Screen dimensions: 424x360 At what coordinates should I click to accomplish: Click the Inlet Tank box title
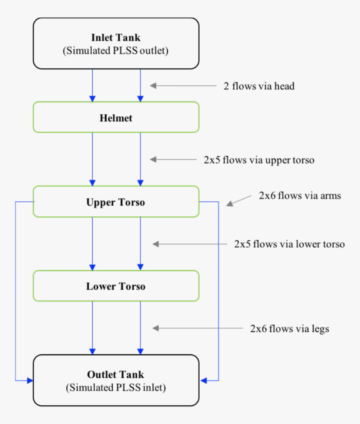116,38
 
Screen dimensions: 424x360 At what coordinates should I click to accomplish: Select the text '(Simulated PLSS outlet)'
116,51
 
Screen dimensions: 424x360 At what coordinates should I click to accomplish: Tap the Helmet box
116,118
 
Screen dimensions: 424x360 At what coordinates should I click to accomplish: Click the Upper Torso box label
116,203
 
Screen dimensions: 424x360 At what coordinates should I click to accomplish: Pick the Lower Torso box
116,287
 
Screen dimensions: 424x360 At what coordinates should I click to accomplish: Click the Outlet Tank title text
116,375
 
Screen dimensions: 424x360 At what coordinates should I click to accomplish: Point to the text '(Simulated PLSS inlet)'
116,388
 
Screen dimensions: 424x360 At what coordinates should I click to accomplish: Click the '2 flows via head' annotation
258,86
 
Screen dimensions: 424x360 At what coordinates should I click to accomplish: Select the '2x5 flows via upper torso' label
259,160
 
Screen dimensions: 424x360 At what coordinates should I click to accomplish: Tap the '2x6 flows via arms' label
300,195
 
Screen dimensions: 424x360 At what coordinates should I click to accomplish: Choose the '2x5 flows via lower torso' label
289,244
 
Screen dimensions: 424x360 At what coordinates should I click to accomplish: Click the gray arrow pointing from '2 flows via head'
182,86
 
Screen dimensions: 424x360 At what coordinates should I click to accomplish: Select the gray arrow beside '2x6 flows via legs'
197,329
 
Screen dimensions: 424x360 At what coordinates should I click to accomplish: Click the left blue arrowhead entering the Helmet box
93,99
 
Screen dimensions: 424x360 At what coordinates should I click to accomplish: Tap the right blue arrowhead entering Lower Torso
140,267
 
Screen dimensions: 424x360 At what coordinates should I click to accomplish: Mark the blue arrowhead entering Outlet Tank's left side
30,380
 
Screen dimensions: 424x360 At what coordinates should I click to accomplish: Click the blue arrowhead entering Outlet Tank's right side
204,380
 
